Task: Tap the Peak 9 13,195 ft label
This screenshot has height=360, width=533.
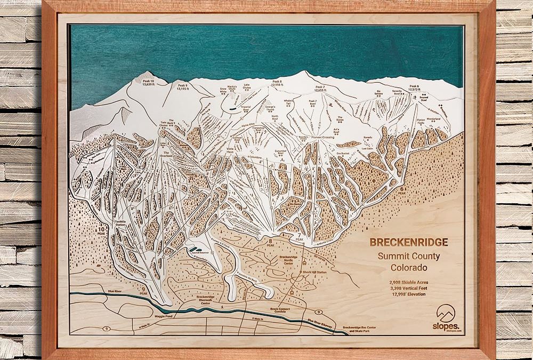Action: [183, 87]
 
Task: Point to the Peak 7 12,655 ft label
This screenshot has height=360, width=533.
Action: [319, 88]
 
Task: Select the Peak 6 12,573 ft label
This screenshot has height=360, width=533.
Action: [414, 87]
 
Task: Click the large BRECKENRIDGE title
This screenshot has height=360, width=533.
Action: [409, 242]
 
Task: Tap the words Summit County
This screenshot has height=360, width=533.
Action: [409, 256]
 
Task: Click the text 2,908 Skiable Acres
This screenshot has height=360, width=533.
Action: [409, 279]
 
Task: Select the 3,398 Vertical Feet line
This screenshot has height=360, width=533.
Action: [409, 286]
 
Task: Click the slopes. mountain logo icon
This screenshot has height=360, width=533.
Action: [446, 313]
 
